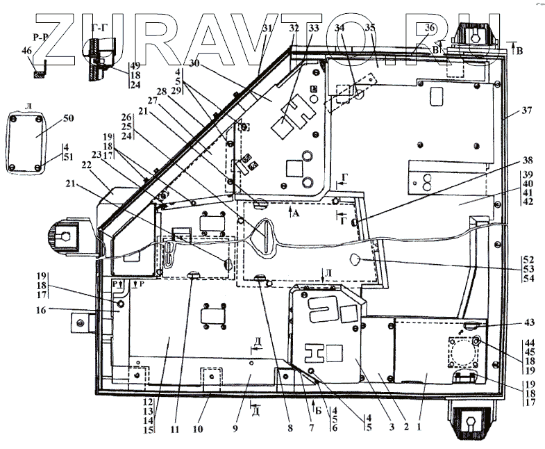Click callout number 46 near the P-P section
pyautogui.click(x=26, y=51)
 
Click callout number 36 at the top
pyautogui.click(x=430, y=28)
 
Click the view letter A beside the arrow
pyautogui.click(x=297, y=215)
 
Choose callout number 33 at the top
pyautogui.click(x=315, y=28)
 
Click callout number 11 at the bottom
pyautogui.click(x=175, y=429)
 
